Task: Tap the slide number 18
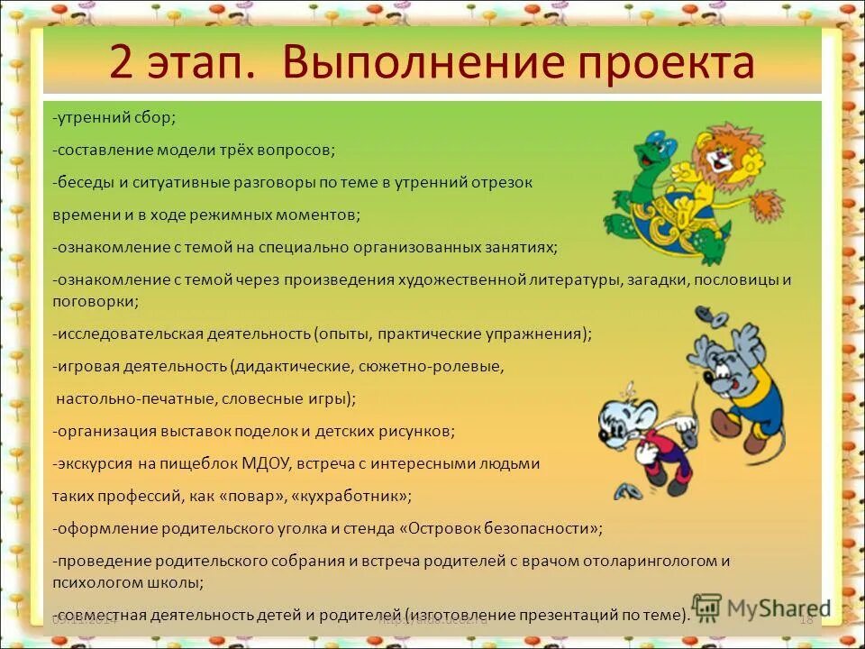tap(806, 619)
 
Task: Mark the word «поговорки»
tap(96, 301)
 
